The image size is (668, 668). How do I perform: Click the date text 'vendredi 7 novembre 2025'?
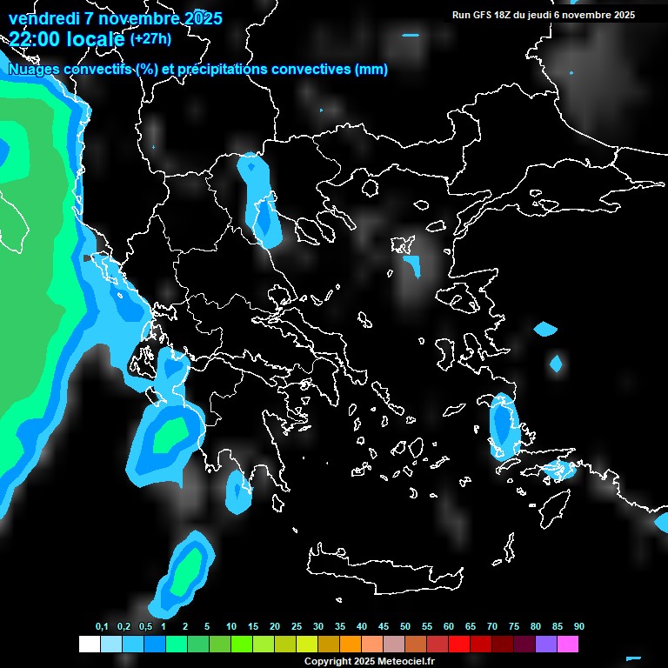click(x=115, y=18)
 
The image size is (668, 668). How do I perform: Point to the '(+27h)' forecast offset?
click(x=150, y=38)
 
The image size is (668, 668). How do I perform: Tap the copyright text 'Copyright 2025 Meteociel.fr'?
click(x=370, y=661)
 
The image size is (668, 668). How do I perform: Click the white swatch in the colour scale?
click(x=90, y=645)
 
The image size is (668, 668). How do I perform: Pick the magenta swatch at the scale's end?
click(x=568, y=645)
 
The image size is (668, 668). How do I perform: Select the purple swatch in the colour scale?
click(x=546, y=645)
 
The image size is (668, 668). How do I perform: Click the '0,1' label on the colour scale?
click(x=102, y=627)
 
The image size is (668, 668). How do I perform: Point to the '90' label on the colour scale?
click(x=579, y=627)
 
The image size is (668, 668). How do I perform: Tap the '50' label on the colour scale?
click(x=405, y=627)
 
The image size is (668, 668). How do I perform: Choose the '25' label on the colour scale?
click(x=297, y=627)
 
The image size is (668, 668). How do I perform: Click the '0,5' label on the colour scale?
click(x=145, y=627)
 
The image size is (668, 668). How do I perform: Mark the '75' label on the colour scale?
click(x=514, y=627)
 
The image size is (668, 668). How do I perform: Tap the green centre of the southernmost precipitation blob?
click(x=184, y=574)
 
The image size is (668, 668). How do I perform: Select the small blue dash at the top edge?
click(x=411, y=36)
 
